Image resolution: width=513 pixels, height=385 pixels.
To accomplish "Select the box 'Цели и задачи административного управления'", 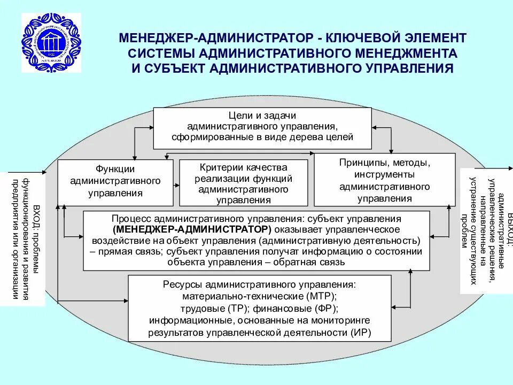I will [x=262, y=128].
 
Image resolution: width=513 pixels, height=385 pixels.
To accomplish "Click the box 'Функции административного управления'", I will [x=115, y=182].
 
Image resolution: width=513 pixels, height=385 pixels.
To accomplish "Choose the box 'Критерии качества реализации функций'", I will [x=244, y=182].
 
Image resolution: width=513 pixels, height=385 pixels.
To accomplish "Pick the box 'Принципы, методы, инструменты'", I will [x=385, y=180].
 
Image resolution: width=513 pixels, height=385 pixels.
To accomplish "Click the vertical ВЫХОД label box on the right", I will [x=483, y=230].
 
